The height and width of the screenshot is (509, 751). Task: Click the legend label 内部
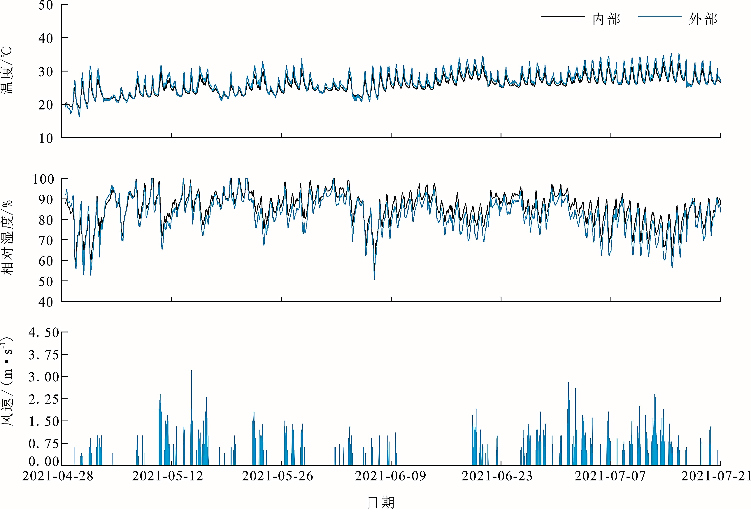[606, 19]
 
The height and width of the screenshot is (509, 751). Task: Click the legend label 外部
[703, 19]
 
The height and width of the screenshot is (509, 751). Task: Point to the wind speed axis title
[7, 382]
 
